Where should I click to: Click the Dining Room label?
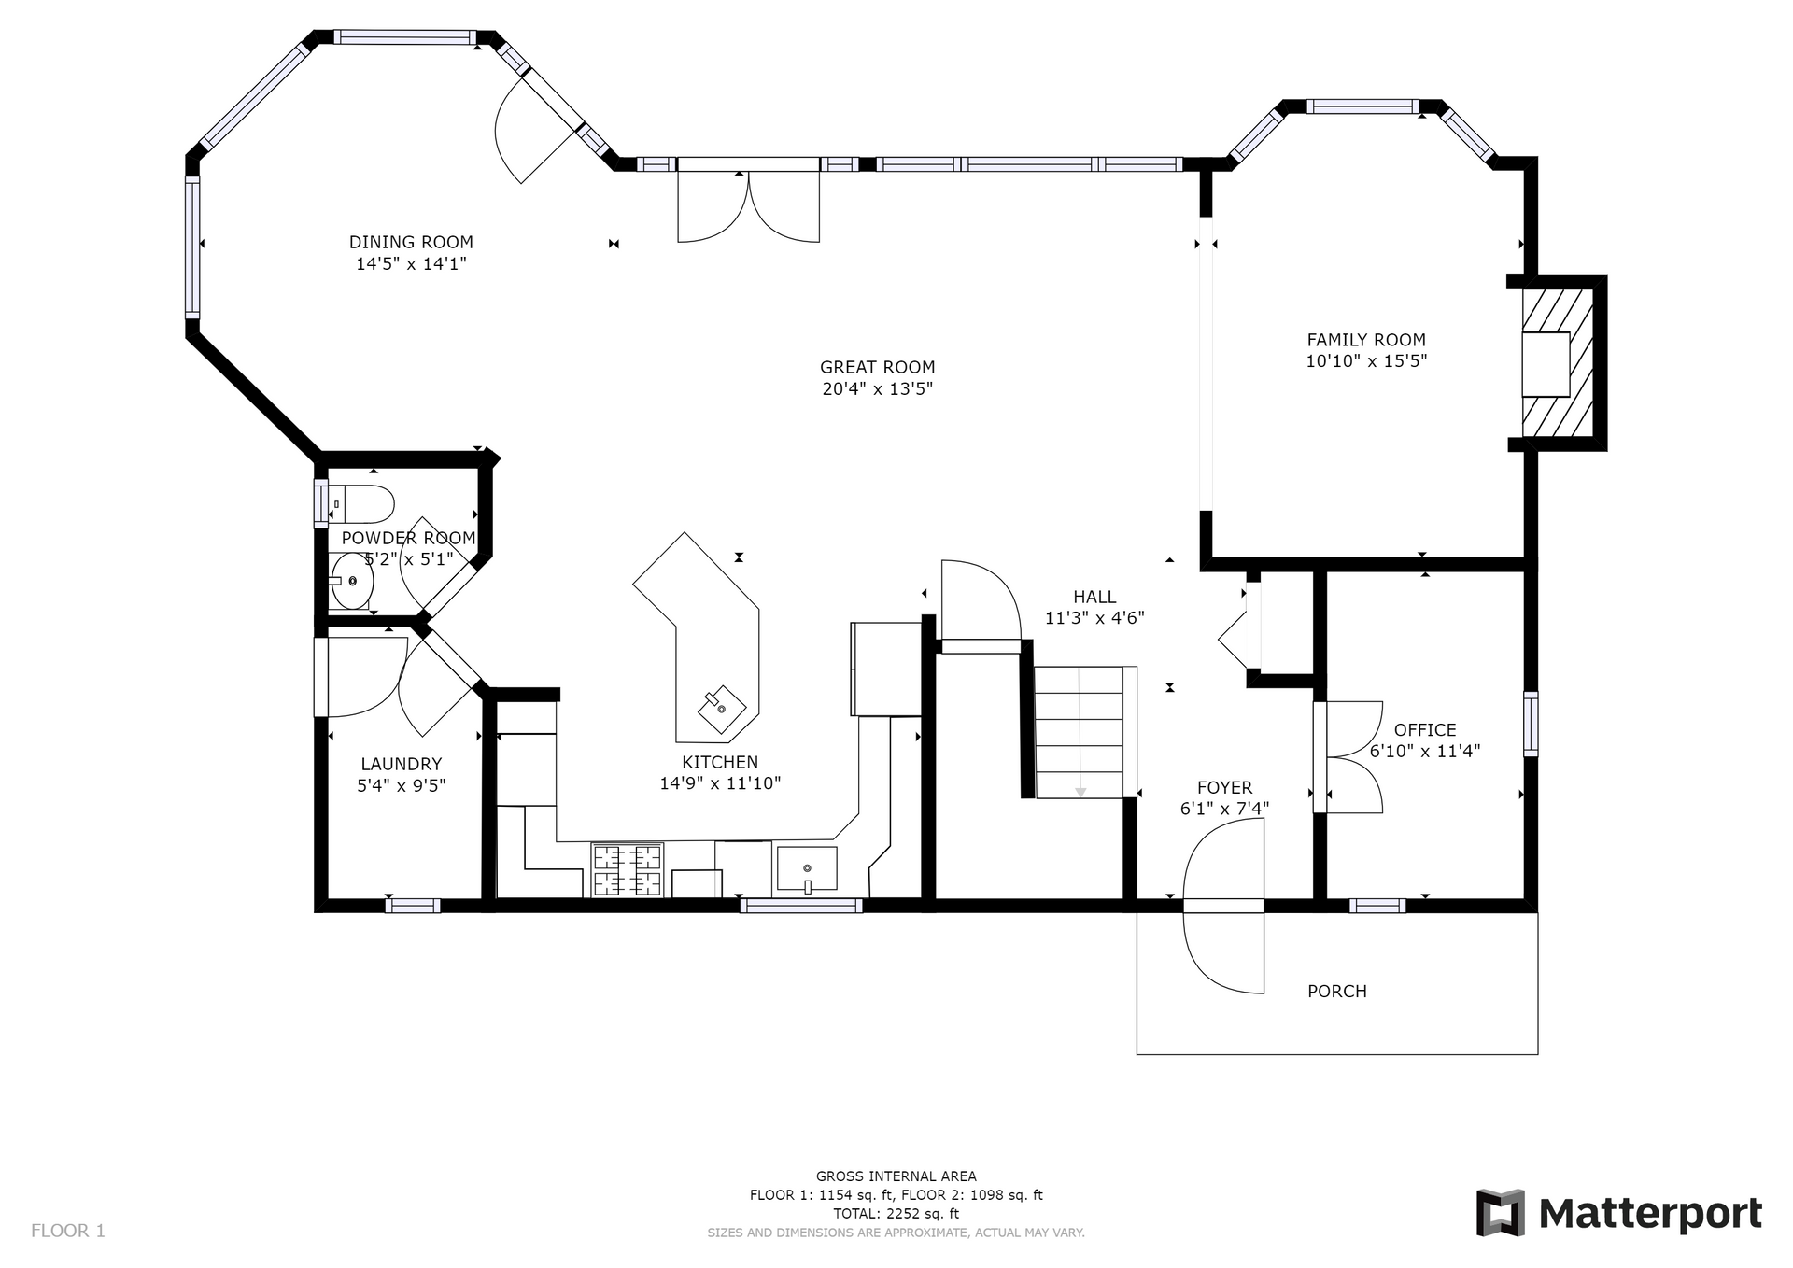point(411,242)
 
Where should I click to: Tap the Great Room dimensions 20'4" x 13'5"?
point(877,388)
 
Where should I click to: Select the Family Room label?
point(1366,340)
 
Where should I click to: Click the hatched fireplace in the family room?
point(1558,363)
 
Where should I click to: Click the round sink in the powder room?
point(352,581)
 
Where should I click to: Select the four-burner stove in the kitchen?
point(627,869)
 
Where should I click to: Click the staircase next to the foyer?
point(1085,732)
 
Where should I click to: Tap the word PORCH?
point(1336,991)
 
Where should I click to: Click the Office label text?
point(1425,729)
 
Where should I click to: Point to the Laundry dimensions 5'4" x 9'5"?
point(402,785)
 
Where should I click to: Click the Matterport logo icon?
point(1501,1213)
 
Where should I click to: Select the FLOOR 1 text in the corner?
point(68,1230)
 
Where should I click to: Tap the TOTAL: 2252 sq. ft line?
point(896,1213)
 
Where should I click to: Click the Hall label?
point(1094,597)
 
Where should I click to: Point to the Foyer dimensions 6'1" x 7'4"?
point(1224,808)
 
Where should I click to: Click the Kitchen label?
point(720,762)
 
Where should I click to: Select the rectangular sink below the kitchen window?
point(807,868)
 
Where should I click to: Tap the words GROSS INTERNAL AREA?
point(896,1176)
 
